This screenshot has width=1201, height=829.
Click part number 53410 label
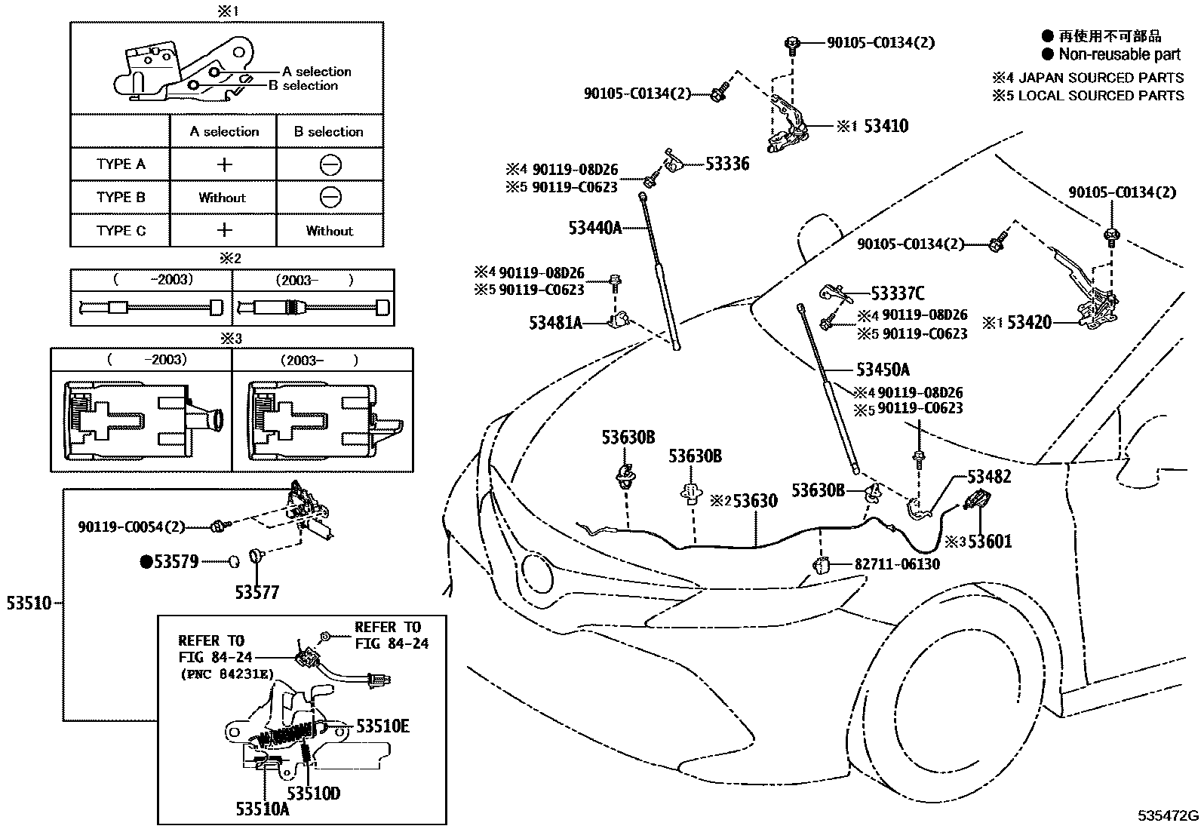tap(886, 126)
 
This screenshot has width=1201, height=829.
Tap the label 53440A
tap(594, 227)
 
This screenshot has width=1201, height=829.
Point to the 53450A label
tap(883, 370)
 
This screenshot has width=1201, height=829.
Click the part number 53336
tap(727, 164)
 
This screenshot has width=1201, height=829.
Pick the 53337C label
tap(897, 293)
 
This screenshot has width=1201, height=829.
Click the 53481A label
tap(555, 323)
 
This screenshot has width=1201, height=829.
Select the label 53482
tap(989, 477)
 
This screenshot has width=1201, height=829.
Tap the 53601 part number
tap(990, 541)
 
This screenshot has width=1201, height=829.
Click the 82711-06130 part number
tap(897, 564)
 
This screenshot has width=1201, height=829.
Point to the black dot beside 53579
tap(146, 561)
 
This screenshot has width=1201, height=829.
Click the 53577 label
tap(256, 592)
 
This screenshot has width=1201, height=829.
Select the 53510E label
tap(382, 726)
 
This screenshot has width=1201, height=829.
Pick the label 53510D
tap(313, 793)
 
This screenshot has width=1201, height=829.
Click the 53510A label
tap(262, 809)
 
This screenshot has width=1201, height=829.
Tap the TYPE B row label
tap(120, 198)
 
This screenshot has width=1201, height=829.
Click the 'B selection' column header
tap(328, 131)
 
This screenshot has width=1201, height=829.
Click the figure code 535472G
tap(1169, 816)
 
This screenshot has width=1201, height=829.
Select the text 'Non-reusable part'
tap(1120, 54)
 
